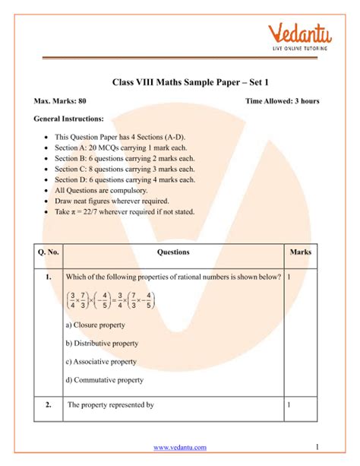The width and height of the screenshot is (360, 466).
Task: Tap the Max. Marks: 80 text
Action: click(62, 100)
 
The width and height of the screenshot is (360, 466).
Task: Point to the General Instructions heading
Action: click(69, 119)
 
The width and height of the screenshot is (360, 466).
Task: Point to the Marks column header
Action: click(300, 252)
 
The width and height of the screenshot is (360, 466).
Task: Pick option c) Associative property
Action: click(101, 362)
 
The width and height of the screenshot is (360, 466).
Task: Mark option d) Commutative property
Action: click(104, 380)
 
